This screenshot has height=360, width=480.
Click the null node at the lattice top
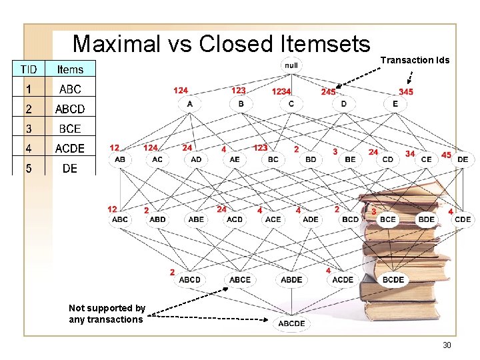(x=291, y=65)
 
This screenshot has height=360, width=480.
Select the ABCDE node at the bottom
(x=291, y=323)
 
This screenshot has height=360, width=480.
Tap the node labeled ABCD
(x=189, y=279)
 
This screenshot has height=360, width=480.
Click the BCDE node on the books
(x=393, y=279)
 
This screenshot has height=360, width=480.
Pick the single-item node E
(x=395, y=104)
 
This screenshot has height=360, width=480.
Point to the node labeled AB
(x=120, y=160)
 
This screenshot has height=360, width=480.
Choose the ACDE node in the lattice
(x=343, y=279)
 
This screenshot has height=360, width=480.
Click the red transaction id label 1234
(x=281, y=91)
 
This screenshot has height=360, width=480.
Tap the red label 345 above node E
(x=405, y=91)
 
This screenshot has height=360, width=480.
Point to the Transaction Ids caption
(x=415, y=60)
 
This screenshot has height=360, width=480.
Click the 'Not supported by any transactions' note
(x=107, y=313)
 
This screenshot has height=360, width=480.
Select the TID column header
(x=29, y=69)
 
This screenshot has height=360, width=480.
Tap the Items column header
(x=70, y=69)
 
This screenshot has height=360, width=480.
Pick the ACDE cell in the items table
(x=70, y=148)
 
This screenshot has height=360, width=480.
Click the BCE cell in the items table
(x=70, y=128)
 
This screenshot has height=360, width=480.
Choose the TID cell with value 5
(x=28, y=168)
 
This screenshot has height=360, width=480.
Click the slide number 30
(x=446, y=345)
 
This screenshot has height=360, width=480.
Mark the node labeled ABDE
(x=291, y=279)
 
